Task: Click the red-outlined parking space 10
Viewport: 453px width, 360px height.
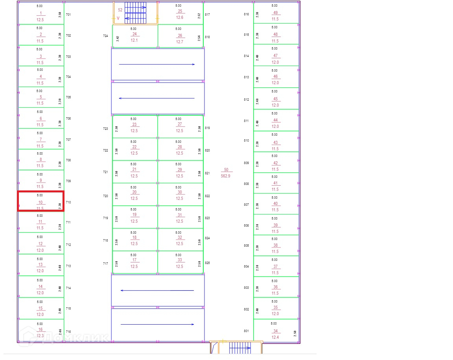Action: click(x=41, y=201)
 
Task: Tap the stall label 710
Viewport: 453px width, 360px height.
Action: click(x=68, y=202)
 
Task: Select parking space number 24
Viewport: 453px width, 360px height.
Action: click(x=134, y=34)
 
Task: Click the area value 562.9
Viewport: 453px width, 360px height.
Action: click(x=226, y=176)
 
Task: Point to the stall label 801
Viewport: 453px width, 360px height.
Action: click(x=246, y=331)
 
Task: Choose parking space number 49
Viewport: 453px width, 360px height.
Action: click(x=275, y=13)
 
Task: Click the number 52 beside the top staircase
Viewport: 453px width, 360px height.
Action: click(x=120, y=10)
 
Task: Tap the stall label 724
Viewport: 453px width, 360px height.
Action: click(x=105, y=36)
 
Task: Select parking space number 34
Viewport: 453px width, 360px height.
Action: click(x=275, y=331)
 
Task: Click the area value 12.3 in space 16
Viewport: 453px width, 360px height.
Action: click(x=40, y=336)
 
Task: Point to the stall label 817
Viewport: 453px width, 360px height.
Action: click(x=207, y=15)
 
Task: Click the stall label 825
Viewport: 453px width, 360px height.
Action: click(x=207, y=263)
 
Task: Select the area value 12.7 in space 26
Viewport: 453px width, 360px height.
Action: click(x=180, y=42)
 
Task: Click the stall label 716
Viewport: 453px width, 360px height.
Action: click(x=68, y=332)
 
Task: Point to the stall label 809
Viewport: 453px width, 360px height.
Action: click(x=246, y=163)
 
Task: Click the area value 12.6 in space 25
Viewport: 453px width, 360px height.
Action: click(x=180, y=17)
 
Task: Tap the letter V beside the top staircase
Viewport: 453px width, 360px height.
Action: click(x=118, y=18)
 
